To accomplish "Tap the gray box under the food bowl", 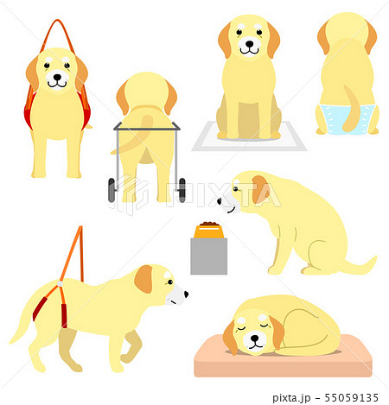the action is (209, 256).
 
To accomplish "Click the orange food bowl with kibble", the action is (209, 231).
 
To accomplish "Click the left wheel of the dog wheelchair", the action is (112, 190).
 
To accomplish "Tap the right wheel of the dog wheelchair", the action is (182, 190).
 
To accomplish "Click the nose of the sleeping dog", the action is (255, 338).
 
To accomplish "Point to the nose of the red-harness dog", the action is (57, 77).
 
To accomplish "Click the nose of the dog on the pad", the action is (249, 44).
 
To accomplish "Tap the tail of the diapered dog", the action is (351, 110).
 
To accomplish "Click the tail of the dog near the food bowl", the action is (360, 266).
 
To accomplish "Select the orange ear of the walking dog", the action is (143, 279).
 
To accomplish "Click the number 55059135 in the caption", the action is (351, 397).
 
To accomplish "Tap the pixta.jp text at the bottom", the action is (291, 398).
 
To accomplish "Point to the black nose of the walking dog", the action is (186, 294).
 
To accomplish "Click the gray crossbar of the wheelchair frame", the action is (147, 129).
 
